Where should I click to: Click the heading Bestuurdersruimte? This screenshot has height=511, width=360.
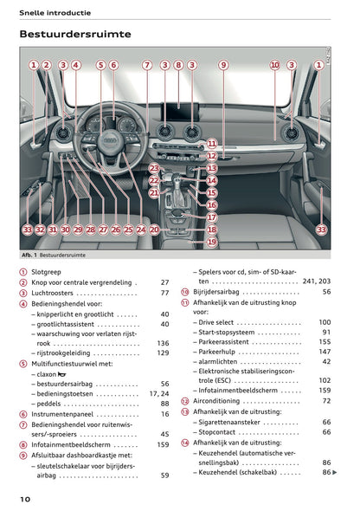(x=75, y=35)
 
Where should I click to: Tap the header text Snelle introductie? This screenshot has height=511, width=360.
(x=52, y=10)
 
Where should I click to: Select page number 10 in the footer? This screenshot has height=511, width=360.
(x=25, y=500)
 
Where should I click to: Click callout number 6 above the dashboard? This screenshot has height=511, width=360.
(x=112, y=65)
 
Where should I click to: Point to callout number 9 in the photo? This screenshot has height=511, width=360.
(x=222, y=65)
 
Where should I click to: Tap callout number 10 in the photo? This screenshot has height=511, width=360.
(x=274, y=65)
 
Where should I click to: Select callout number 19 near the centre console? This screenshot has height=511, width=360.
(x=212, y=243)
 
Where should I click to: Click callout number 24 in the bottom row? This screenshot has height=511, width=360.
(x=141, y=230)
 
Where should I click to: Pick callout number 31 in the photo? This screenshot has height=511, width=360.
(x=53, y=230)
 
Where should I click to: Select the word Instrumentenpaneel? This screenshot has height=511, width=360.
(x=65, y=414)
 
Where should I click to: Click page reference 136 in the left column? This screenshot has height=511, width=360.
(x=163, y=343)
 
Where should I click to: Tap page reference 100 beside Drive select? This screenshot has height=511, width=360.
(x=325, y=322)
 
